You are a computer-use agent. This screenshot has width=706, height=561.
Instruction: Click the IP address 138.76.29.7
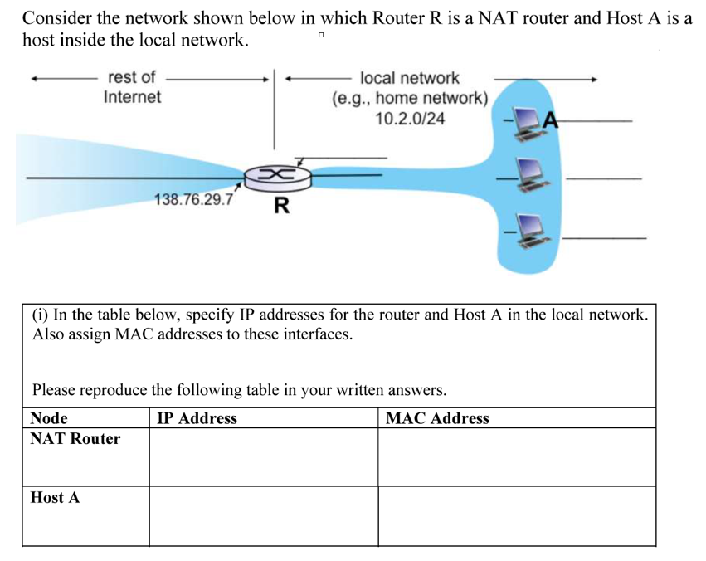click(x=194, y=200)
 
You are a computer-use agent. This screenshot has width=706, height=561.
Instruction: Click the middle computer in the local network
click(x=528, y=176)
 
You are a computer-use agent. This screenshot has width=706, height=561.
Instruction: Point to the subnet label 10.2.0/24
click(x=409, y=119)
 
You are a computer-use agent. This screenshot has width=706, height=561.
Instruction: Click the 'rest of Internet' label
click(x=132, y=87)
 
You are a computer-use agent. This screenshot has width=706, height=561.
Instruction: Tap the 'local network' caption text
click(x=409, y=78)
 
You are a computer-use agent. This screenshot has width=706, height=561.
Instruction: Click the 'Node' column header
click(x=49, y=418)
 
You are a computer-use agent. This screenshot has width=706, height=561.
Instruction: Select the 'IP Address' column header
click(x=197, y=418)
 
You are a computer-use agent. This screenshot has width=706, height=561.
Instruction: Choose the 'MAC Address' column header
click(x=437, y=418)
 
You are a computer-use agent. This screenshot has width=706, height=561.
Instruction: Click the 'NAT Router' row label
click(x=75, y=439)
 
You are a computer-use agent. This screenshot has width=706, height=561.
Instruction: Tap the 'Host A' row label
click(x=55, y=498)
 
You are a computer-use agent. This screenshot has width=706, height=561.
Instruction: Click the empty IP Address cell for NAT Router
click(x=263, y=457)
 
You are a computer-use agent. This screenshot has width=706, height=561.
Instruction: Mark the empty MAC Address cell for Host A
click(x=516, y=516)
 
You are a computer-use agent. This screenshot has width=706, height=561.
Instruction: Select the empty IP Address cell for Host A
click(x=263, y=516)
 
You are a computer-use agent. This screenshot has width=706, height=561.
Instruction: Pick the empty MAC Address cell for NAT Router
click(x=516, y=457)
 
